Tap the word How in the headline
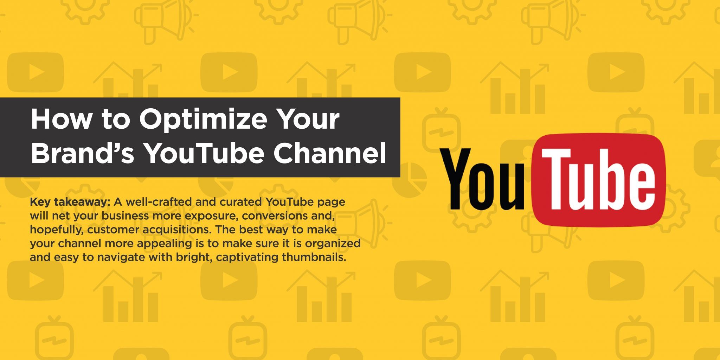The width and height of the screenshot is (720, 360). pos(61,119)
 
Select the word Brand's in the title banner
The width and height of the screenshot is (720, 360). pos(83,153)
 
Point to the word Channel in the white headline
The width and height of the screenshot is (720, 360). pos(330,153)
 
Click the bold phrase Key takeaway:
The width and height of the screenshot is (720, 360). pos(70,202)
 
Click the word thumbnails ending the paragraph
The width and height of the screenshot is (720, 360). pos(314,257)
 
